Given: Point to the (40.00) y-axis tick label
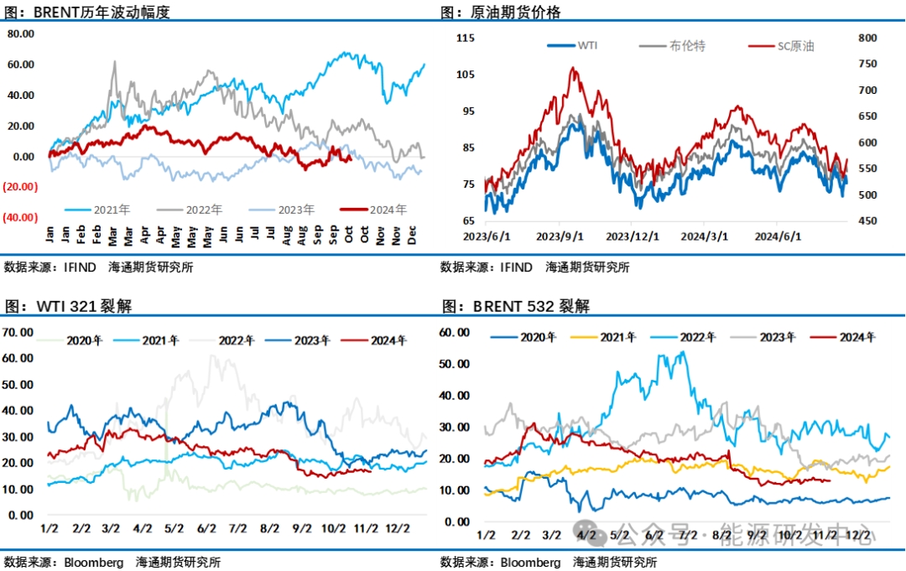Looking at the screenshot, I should [20, 217].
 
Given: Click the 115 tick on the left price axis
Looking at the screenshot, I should [466, 38].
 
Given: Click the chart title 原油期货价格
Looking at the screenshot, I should [511, 12].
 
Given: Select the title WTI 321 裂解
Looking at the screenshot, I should [84, 306].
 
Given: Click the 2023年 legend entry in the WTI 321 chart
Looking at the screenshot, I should [305, 340].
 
